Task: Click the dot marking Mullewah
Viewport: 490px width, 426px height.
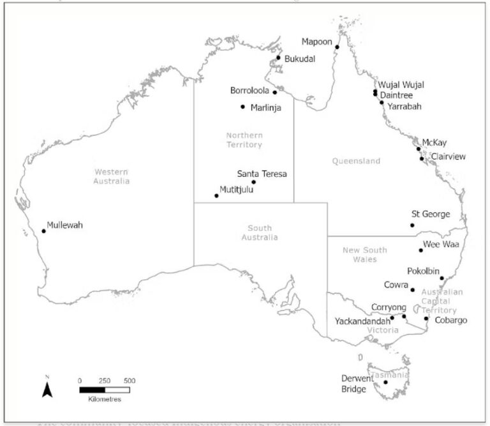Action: click(43, 231)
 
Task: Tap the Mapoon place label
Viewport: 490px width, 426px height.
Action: click(317, 42)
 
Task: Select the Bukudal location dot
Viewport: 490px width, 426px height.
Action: click(278, 58)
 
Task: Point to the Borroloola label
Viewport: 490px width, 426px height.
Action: click(249, 91)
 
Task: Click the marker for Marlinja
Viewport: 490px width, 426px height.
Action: click(242, 107)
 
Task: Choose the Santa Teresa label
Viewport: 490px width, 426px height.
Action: click(262, 174)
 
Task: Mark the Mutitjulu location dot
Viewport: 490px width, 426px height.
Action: click(216, 195)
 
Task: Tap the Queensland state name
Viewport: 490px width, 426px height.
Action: click(356, 161)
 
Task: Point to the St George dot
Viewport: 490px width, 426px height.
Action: click(412, 225)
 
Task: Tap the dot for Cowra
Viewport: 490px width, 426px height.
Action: click(413, 290)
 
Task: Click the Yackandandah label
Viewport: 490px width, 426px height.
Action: click(362, 321)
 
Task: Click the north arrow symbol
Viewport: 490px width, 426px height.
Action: click(47, 388)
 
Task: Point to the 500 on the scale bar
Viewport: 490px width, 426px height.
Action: click(130, 380)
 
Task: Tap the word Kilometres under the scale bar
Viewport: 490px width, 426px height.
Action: click(105, 399)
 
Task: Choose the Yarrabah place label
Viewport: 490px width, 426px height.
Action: click(405, 107)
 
